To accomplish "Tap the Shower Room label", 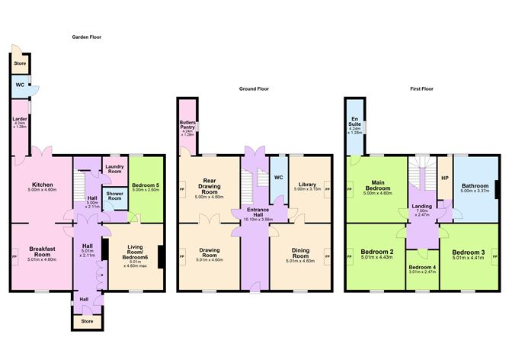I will (115, 195).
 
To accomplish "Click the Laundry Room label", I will (115, 169).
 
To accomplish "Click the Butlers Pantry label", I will (188, 124).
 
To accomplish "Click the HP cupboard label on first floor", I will (445, 178).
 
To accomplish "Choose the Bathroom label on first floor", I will (473, 185).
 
